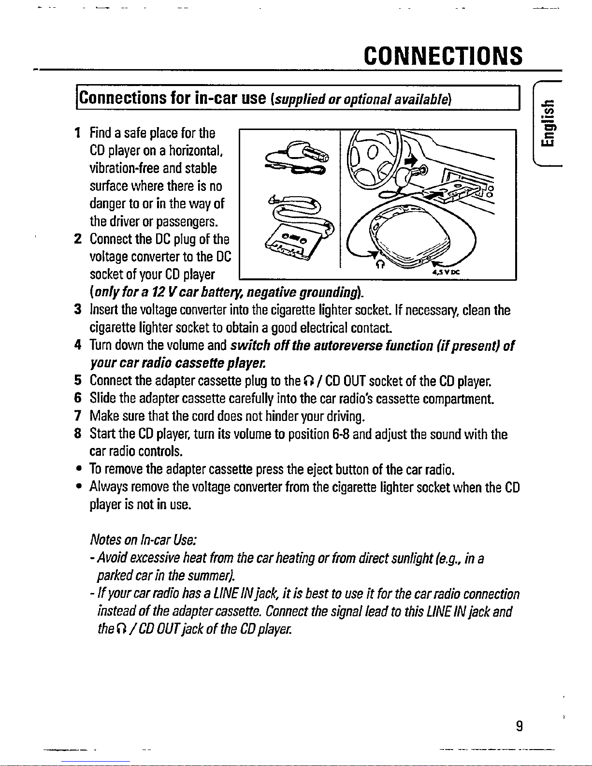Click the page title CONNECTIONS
pos(443,56)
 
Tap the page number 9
pos(519,726)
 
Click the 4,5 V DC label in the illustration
pos(446,272)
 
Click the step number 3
pos(77,310)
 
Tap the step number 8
pos(77,434)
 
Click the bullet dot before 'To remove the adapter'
pos(77,469)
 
